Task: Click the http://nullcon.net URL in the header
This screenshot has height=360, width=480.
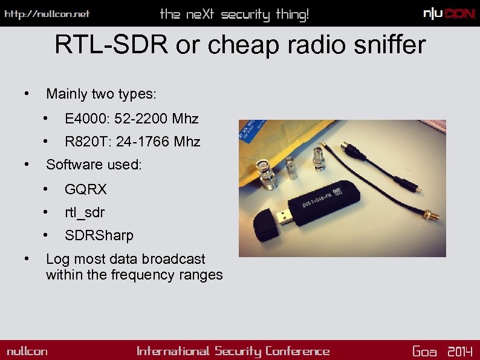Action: (x=47, y=14)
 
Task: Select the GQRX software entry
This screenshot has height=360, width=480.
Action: (x=86, y=189)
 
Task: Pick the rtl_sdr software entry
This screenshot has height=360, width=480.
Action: (x=85, y=212)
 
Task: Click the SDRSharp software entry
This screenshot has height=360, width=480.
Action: (x=99, y=235)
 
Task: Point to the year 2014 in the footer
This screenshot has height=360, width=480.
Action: (x=459, y=352)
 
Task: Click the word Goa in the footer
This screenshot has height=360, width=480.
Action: (x=424, y=352)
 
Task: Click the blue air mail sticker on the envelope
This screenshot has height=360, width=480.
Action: (x=249, y=131)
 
